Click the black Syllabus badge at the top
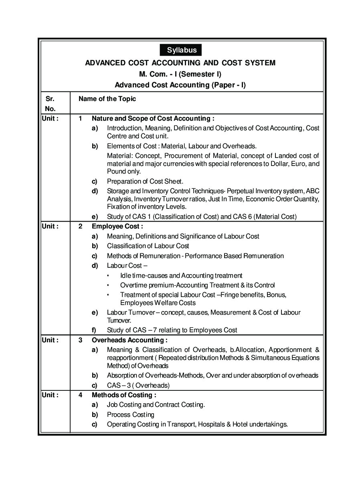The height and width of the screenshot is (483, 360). tap(180, 50)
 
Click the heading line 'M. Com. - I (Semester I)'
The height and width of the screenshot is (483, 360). tap(180, 74)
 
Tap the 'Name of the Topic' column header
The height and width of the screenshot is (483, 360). tap(107, 99)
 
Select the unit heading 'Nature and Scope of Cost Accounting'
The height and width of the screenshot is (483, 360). tap(153, 119)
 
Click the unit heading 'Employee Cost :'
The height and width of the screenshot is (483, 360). tap(117, 226)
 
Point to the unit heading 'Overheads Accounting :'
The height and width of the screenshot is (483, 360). tap(129, 340)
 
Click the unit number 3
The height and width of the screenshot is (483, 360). tap(81, 340)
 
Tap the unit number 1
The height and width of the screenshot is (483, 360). tap(81, 119)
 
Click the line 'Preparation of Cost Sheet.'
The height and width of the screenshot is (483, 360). tap(145, 181)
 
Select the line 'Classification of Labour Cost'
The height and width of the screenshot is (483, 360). tap(148, 246)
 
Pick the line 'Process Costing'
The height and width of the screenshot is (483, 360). tap(130, 415)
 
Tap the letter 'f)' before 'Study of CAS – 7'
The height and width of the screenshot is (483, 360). tap(94, 330)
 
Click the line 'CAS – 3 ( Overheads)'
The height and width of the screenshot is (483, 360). tap(138, 386)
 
